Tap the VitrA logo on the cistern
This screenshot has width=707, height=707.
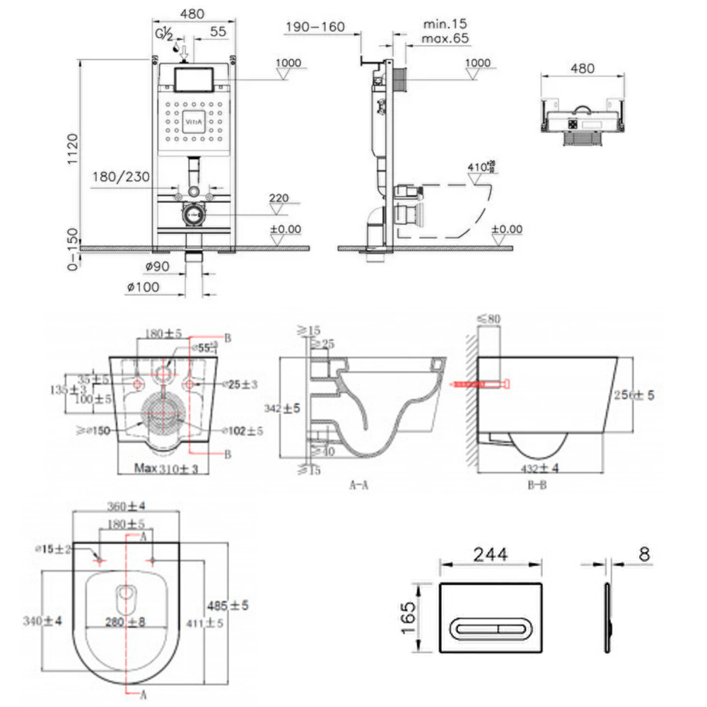click(x=193, y=121)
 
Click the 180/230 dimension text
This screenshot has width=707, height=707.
click(x=121, y=177)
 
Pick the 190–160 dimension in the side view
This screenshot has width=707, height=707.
click(x=315, y=27)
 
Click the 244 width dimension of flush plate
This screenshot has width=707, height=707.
click(x=491, y=554)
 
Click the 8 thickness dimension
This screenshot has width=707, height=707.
click(x=643, y=554)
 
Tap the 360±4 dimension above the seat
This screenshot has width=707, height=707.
click(x=127, y=506)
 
